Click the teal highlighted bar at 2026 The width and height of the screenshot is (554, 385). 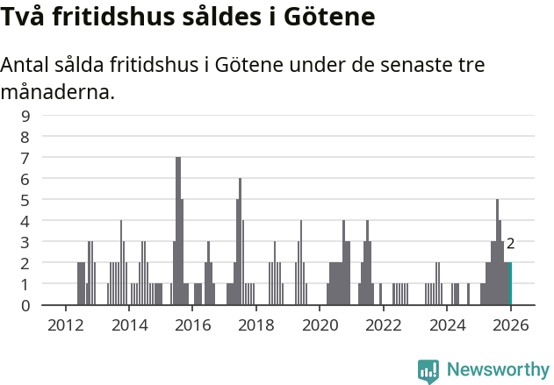tap(508, 283)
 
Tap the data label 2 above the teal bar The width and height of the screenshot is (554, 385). tap(510, 244)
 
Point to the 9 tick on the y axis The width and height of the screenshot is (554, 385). tap(25, 115)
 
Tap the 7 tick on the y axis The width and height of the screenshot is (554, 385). tap(25, 157)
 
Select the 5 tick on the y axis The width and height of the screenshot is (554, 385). tap(25, 200)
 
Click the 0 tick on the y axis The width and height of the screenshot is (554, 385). tap(25, 305)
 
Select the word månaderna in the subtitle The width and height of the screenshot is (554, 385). tap(58, 91)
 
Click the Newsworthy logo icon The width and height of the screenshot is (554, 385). tap(428, 370)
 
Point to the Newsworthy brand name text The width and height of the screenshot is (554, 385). tap(498, 370)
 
